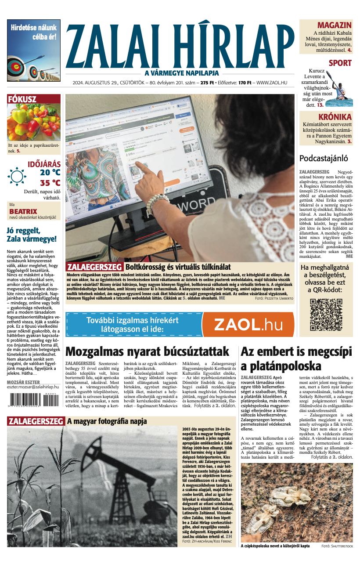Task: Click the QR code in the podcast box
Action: pos(326,314)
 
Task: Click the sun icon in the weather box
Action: pos(17,177)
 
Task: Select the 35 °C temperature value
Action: pos(50,183)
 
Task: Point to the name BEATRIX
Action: pos(23,211)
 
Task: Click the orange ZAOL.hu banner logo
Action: pos(248,324)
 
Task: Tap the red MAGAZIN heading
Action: pos(334,25)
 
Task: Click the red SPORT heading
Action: pos(340,63)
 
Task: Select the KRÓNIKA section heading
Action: pos(335,117)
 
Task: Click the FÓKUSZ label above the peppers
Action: pos(22,99)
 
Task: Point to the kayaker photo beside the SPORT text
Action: pos(339,87)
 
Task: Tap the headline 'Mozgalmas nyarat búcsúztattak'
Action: pos(147,351)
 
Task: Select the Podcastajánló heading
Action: pos(324,159)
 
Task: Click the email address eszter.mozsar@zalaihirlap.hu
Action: pos(33,388)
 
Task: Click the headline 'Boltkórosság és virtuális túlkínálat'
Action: pos(177,267)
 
